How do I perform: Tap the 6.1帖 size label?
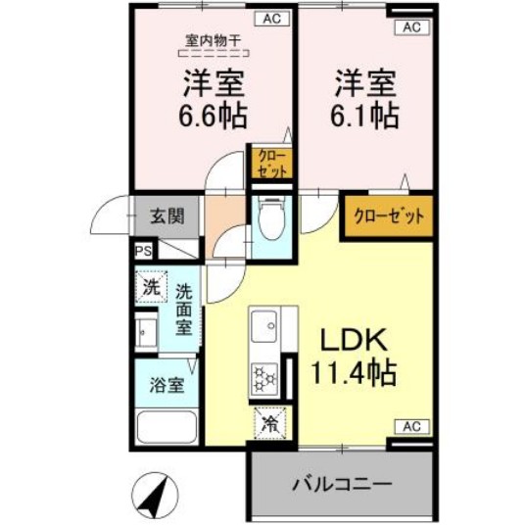tap(364, 115)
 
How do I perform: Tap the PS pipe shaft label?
tap(142, 251)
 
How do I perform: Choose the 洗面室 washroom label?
tap(183, 309)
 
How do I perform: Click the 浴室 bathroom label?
tap(166, 385)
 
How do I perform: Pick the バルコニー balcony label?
tap(342, 484)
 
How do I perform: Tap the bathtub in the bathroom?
tap(166, 429)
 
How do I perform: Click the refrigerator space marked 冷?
tap(269, 425)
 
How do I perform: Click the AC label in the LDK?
tap(411, 427)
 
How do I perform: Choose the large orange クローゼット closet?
tap(388, 216)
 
